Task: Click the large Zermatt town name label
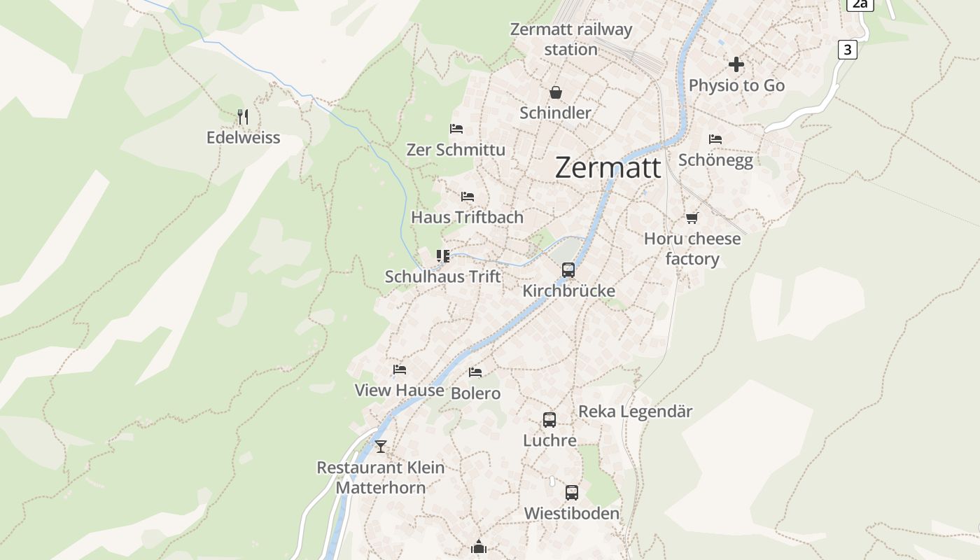[x=608, y=168]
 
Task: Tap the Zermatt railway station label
[x=571, y=39]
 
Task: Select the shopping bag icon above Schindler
[x=556, y=92]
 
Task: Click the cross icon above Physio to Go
[x=736, y=64]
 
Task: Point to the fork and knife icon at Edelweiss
[x=243, y=116]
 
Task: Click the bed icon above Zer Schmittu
[x=456, y=129]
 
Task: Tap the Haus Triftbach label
[x=467, y=217]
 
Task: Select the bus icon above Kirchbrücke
[x=568, y=270]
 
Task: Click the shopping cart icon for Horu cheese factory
[x=692, y=218]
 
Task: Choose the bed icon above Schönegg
[x=715, y=139]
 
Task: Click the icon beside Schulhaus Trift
[x=443, y=256]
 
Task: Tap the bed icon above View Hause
[x=400, y=370]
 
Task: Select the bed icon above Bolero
[x=476, y=372]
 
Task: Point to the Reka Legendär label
[x=635, y=412]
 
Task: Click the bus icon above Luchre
[x=549, y=420]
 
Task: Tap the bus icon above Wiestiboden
[x=572, y=493]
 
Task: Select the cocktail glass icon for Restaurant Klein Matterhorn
[x=381, y=446]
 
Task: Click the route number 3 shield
[x=848, y=50]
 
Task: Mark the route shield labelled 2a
[x=860, y=4]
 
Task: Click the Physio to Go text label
[x=736, y=85]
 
